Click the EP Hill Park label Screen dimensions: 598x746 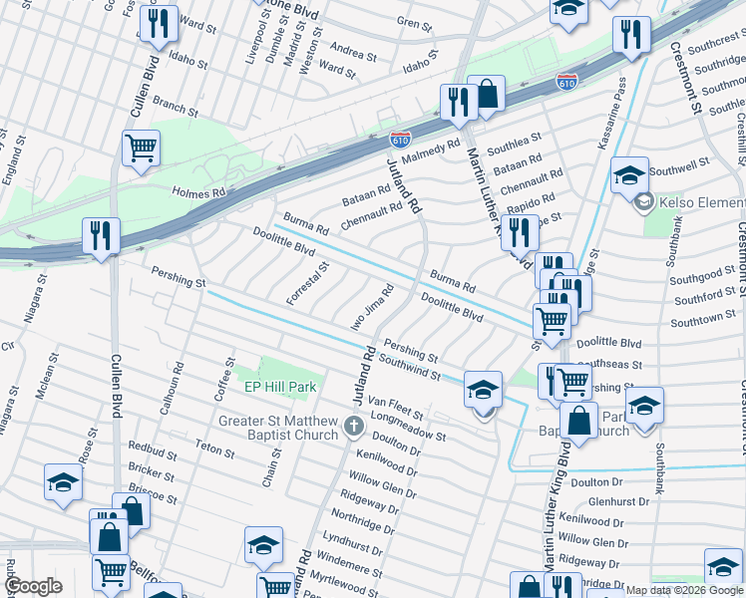click(x=280, y=387)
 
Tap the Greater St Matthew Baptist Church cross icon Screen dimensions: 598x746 click(x=353, y=428)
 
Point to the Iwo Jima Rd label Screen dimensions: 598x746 click(x=371, y=310)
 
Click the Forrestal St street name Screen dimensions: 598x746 click(x=307, y=284)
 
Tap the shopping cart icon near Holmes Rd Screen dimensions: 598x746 click(x=141, y=149)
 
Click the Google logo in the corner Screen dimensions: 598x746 click(x=33, y=586)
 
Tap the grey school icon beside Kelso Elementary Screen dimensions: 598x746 click(x=644, y=202)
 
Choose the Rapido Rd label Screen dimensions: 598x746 click(x=522, y=202)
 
